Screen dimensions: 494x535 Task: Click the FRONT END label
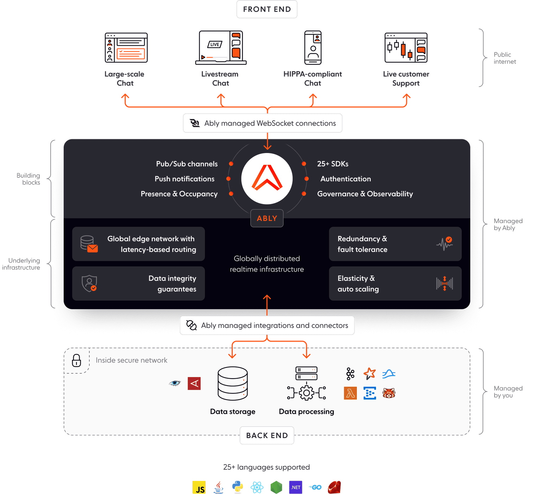(267, 9)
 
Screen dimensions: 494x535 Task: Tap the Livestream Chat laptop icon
(221, 47)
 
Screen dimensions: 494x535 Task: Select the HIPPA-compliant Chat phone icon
(313, 47)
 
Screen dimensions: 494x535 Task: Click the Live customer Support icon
(406, 47)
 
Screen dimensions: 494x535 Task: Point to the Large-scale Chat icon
(126, 47)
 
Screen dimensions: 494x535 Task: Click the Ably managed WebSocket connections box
(263, 123)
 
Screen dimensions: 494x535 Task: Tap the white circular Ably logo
(267, 178)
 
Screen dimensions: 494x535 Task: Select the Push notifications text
(184, 179)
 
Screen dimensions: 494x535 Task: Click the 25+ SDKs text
(333, 164)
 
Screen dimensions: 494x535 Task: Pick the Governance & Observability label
(365, 194)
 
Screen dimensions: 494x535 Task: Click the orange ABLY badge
(267, 218)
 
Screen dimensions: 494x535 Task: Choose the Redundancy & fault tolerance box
(395, 244)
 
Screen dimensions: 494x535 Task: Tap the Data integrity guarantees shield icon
(89, 283)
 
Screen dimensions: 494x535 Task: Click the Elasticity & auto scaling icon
(445, 283)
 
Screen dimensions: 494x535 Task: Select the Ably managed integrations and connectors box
(267, 325)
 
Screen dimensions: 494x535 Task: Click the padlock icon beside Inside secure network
(76, 360)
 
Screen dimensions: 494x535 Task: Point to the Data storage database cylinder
(233, 384)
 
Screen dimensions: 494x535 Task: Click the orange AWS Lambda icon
(350, 393)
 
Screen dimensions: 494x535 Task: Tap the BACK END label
(267, 436)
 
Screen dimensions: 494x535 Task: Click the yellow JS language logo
(199, 488)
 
